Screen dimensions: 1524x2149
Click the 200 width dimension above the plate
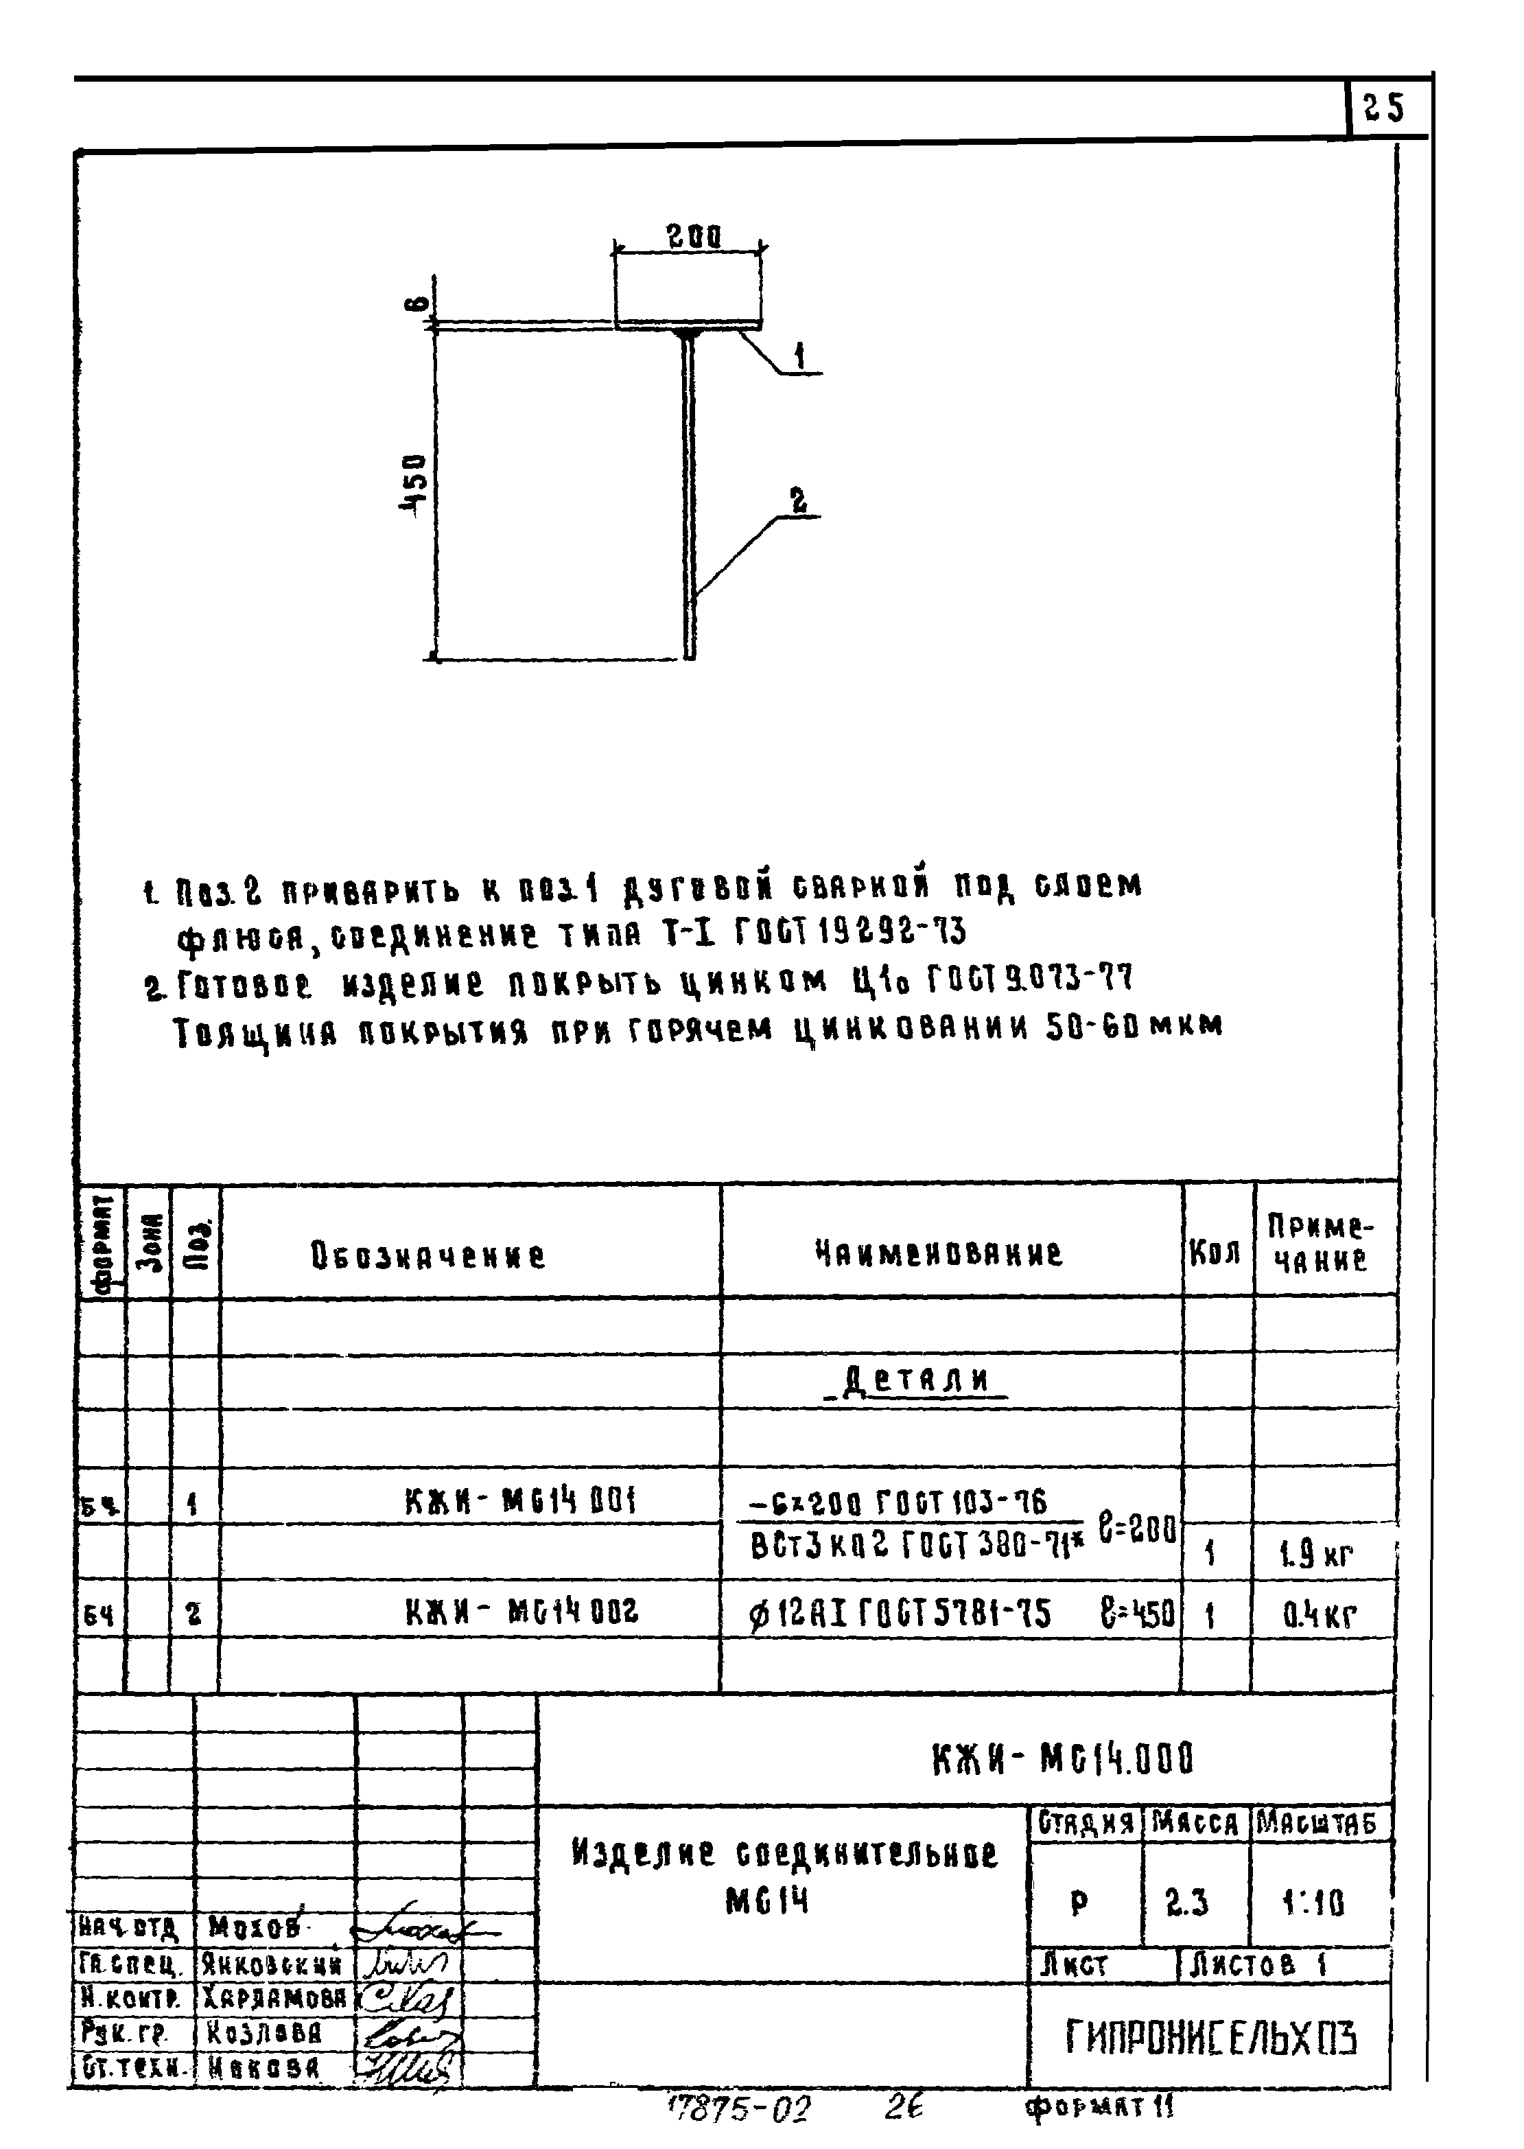(694, 237)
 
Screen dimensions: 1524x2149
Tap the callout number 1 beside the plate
(799, 357)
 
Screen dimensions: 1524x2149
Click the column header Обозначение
(428, 1255)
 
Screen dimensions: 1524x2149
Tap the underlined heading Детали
(917, 1380)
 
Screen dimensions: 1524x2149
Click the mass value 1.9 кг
(1317, 1556)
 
